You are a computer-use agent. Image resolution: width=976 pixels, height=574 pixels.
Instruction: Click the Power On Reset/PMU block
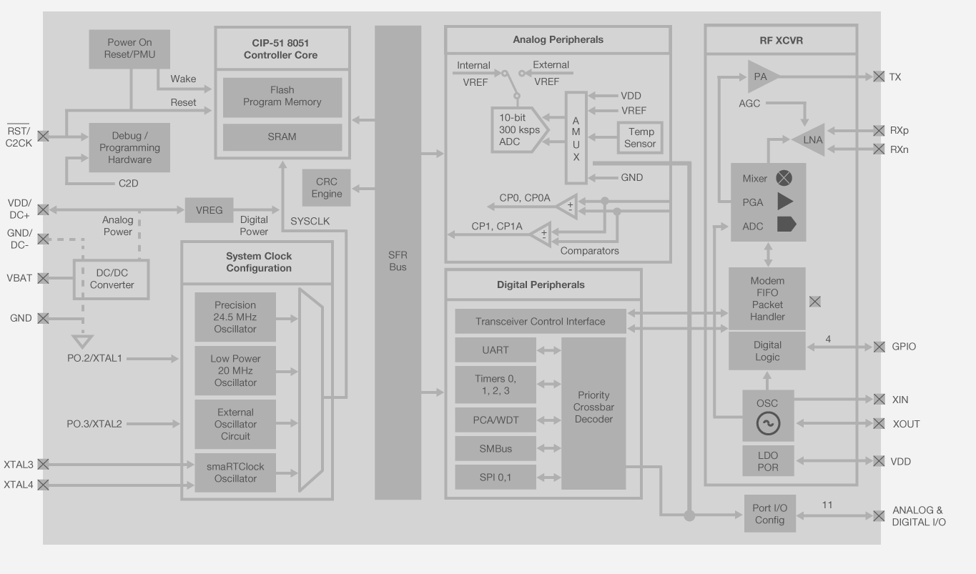(130, 49)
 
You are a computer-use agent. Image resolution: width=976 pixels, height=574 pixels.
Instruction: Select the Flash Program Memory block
(282, 97)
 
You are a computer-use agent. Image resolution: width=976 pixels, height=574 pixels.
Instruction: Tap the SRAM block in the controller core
(282, 137)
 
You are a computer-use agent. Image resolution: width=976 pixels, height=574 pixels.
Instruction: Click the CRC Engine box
(326, 188)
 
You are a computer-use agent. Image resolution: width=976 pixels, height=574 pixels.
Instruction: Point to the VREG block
(209, 210)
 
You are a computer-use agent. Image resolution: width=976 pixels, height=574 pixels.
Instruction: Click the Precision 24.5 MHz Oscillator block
(235, 317)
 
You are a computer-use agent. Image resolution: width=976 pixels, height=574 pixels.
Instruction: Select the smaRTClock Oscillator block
(235, 472)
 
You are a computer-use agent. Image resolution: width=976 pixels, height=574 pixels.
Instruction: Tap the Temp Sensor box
(641, 138)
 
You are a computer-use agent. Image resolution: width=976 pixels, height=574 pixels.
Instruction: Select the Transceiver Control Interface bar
(540, 322)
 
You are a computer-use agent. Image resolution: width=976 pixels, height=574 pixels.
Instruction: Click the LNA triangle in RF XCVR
(809, 140)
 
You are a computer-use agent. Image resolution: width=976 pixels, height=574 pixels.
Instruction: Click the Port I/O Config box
(771, 514)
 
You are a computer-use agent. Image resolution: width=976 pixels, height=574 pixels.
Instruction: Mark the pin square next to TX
(879, 76)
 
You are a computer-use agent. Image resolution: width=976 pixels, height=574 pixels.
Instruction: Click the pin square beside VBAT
(43, 278)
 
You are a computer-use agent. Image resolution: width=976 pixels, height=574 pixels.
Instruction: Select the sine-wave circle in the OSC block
(768, 424)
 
